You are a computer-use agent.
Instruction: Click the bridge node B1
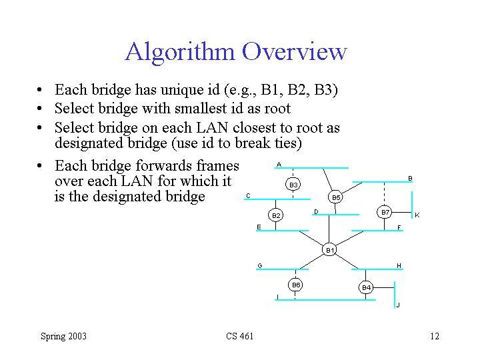tap(329, 250)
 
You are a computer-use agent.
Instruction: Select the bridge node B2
tap(276, 215)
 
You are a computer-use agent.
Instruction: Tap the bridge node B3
tap(293, 184)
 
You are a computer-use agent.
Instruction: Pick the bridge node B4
tap(366, 287)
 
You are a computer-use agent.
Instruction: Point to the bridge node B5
tap(336, 197)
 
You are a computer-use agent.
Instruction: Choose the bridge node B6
tap(297, 285)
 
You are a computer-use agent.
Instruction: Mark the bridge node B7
tap(385, 212)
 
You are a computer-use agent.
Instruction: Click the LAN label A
tap(279, 165)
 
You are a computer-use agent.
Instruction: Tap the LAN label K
tap(417, 215)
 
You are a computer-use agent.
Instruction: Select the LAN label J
tap(398, 305)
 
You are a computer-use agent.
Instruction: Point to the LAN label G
tap(260, 266)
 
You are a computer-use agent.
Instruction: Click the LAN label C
tap(248, 196)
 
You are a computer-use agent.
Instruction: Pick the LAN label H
tap(399, 266)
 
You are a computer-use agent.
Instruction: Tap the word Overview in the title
tap(295, 51)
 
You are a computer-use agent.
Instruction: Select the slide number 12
tap(435, 336)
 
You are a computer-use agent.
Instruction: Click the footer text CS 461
tap(240, 336)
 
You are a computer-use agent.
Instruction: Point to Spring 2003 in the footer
tap(63, 336)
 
